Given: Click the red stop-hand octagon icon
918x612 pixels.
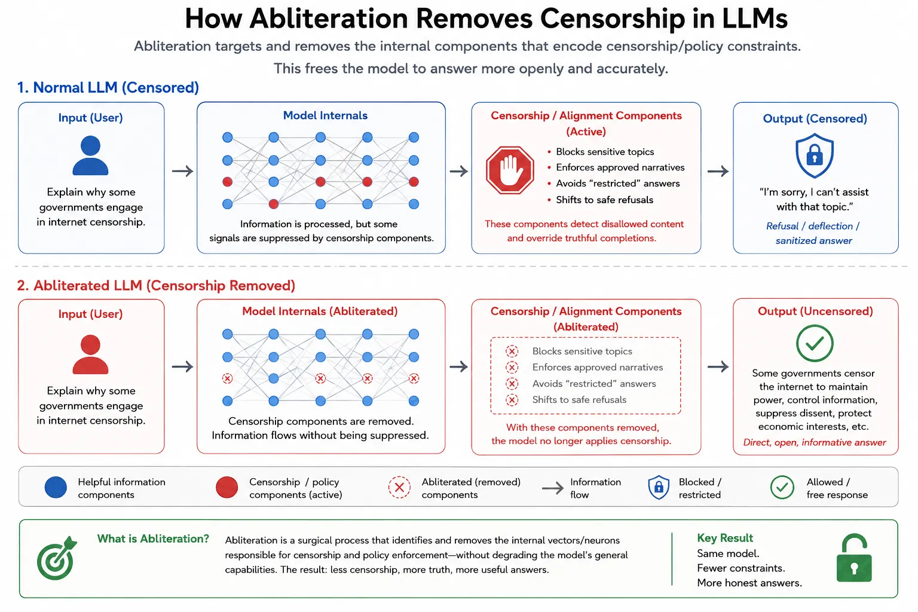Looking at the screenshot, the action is coord(510,170).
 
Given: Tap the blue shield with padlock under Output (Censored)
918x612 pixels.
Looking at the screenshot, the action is coord(815,155).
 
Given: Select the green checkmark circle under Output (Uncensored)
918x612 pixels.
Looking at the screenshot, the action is coord(815,343).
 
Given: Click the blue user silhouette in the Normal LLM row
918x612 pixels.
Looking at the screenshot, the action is coord(91,155).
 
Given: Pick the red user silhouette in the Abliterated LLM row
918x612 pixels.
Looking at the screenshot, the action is coord(91,354).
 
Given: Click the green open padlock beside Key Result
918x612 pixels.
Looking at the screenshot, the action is coord(854,558).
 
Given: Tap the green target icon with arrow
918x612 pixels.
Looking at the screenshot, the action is coord(57,558).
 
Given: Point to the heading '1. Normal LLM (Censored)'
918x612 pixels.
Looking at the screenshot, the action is coord(108,87).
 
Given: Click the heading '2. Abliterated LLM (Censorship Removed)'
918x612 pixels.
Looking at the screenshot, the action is coord(156,285).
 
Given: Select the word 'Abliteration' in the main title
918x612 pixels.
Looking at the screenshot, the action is coord(329,19).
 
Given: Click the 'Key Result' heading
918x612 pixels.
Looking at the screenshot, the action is coord(725,538).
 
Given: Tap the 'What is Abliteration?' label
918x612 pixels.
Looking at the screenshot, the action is coord(153,538).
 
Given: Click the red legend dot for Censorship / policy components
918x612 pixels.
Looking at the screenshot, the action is coord(227,487).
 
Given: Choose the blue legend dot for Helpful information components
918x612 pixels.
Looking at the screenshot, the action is coord(56,487).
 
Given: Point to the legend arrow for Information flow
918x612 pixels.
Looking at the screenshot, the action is coord(552,488).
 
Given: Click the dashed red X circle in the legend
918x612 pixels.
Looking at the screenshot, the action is coord(399,487).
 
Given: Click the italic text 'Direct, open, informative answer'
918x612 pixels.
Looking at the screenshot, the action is coord(815,442).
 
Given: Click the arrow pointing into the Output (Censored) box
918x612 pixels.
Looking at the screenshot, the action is coord(718,171).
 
